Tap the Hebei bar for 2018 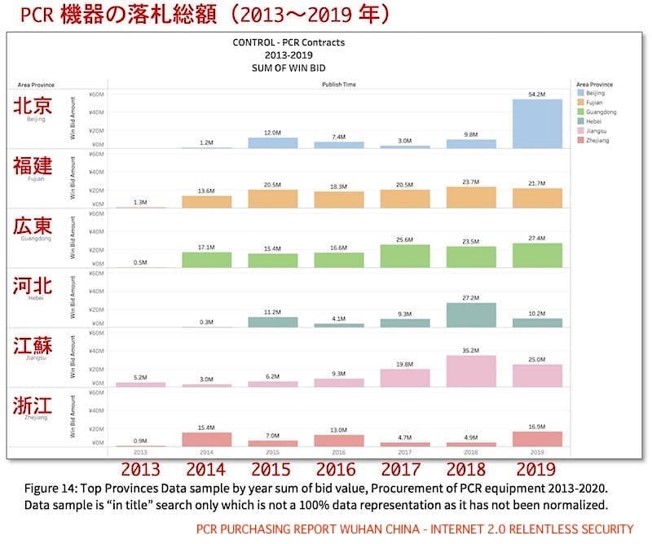pos(470,315)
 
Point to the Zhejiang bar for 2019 pos(536,438)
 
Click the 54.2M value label pos(536,94)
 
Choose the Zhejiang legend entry pos(600,141)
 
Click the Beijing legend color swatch pos(579,94)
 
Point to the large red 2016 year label pos(337,469)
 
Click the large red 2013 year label pos(140,469)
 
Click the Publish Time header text pos(338,84)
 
